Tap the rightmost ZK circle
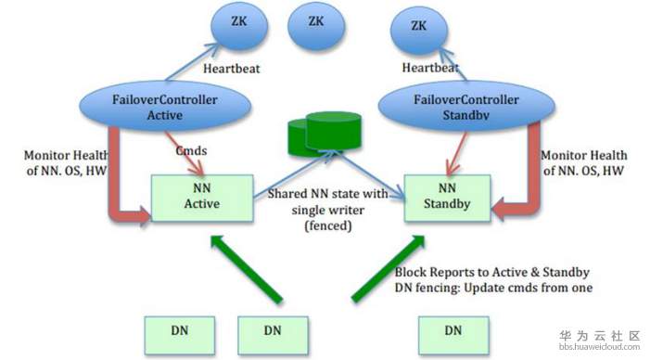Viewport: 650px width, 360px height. (x=419, y=31)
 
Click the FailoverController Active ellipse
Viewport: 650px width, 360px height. (x=164, y=106)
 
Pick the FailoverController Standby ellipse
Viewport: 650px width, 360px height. (x=466, y=106)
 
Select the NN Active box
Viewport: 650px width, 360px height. (x=202, y=198)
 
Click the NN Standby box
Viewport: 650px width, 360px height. (x=447, y=198)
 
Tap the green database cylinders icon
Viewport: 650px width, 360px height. (x=325, y=132)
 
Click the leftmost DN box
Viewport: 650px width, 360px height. (x=180, y=334)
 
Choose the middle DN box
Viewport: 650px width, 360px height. (x=273, y=334)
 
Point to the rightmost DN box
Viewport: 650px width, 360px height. (x=453, y=334)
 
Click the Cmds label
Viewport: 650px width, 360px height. (x=191, y=150)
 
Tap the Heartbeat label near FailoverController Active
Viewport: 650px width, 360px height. (x=231, y=69)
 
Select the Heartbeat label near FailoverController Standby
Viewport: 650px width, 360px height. (x=430, y=67)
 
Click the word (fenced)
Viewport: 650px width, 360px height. (x=328, y=225)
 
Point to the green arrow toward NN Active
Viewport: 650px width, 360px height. (x=247, y=268)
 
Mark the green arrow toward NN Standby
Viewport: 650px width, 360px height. (x=388, y=267)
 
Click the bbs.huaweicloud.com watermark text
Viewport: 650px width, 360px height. (x=599, y=347)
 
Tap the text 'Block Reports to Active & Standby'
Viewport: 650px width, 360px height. (x=492, y=272)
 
